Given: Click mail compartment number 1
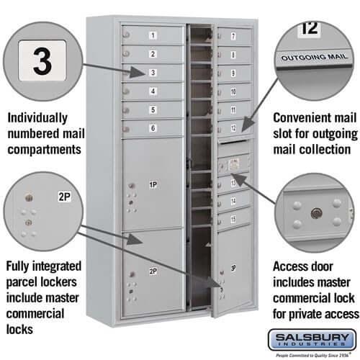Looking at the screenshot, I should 153,35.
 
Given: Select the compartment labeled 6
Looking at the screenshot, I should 153,128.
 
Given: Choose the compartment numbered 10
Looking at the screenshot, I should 233,91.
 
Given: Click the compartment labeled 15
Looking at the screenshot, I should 233,218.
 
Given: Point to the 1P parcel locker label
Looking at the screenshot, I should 153,185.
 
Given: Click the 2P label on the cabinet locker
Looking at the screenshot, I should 153,271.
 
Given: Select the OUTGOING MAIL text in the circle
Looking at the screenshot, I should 313,56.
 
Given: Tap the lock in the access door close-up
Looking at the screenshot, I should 314,213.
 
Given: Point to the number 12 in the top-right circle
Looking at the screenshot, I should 310,29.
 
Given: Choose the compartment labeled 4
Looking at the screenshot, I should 153,91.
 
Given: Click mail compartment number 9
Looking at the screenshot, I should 233,72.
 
